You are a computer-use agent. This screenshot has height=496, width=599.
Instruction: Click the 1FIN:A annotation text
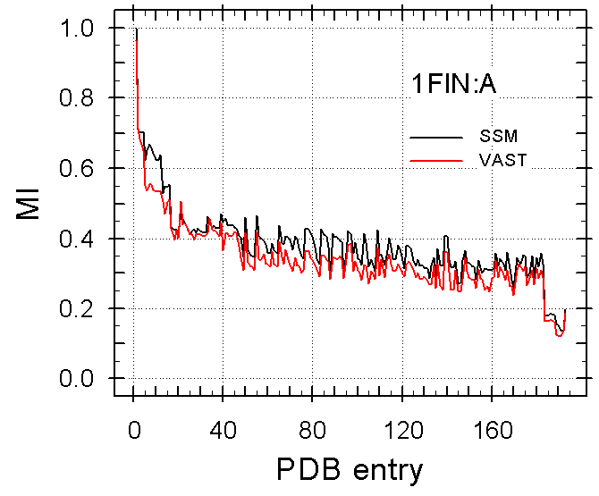453,85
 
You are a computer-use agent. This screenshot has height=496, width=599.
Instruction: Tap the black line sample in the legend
437,137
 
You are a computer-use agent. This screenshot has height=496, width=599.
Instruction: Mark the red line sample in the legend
437,159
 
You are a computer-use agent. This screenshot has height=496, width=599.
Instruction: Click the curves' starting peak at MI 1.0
135,29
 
